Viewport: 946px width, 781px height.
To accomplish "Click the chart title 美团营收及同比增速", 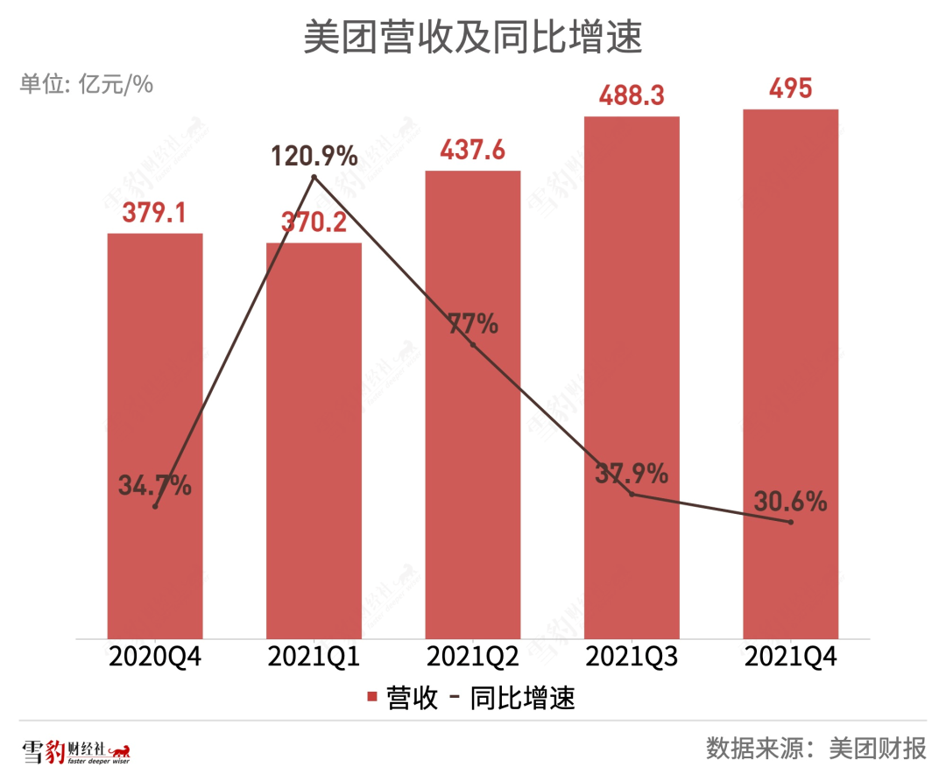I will point(473,39).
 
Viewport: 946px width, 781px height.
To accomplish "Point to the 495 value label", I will point(791,88).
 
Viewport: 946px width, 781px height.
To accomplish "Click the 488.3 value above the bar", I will point(632,95).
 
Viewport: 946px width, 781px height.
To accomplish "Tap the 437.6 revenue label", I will point(473,150).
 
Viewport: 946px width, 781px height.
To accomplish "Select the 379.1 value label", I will point(155,213).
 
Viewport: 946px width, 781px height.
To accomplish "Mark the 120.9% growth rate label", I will point(314,157).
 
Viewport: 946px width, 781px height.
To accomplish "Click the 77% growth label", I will point(473,324).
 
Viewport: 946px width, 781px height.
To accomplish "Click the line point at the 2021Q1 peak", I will point(314,178).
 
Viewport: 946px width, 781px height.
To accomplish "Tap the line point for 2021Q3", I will point(632,495).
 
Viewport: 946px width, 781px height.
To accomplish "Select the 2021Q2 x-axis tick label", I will point(473,657).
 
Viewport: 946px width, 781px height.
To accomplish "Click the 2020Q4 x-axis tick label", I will point(155,657).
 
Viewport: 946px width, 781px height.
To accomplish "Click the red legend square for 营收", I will point(371,698).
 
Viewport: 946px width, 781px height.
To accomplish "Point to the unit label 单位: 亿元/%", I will point(87,84).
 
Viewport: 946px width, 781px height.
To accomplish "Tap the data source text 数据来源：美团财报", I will point(816,749).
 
